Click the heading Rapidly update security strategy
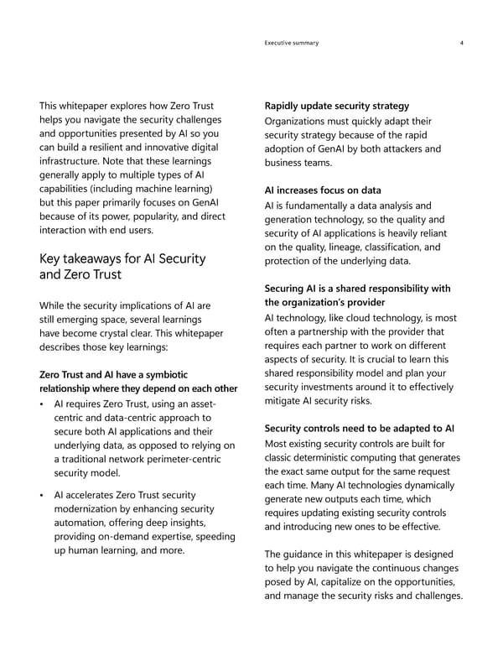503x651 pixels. [x=336, y=106]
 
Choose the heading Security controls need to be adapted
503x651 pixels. [x=359, y=429]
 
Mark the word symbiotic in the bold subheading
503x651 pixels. [x=165, y=373]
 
